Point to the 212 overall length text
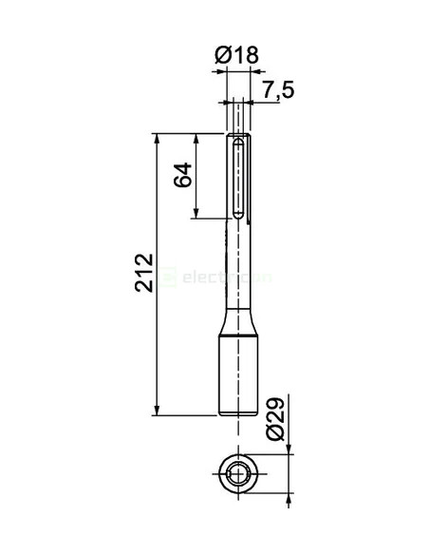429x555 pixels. tap(143, 275)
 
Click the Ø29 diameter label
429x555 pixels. tap(275, 418)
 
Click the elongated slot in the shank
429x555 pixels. tap(237, 181)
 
